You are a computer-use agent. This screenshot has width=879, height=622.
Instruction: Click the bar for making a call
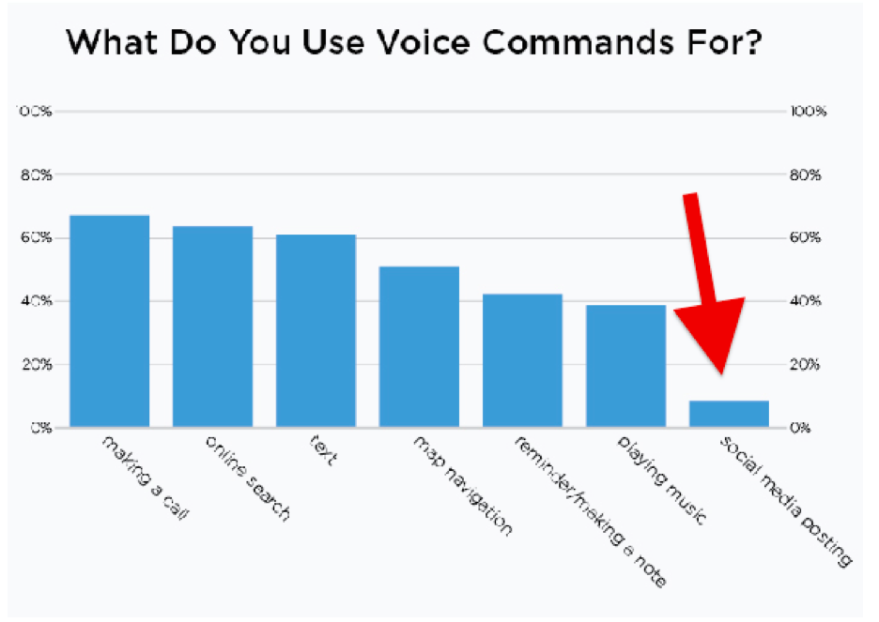[110, 321]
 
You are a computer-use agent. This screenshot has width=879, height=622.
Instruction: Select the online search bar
[212, 326]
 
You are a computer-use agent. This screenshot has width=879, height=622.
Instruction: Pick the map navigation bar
[419, 346]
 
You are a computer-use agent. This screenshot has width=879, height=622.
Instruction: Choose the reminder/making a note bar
[522, 360]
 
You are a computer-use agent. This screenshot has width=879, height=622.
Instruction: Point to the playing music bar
[625, 366]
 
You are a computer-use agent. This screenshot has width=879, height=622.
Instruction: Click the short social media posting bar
[729, 414]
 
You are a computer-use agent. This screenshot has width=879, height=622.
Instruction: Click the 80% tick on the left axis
[36, 174]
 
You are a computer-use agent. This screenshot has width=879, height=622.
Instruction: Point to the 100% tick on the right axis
[809, 112]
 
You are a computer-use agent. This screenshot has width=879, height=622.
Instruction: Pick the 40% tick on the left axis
[36, 301]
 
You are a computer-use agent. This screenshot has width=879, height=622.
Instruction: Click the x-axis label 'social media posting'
[785, 501]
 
